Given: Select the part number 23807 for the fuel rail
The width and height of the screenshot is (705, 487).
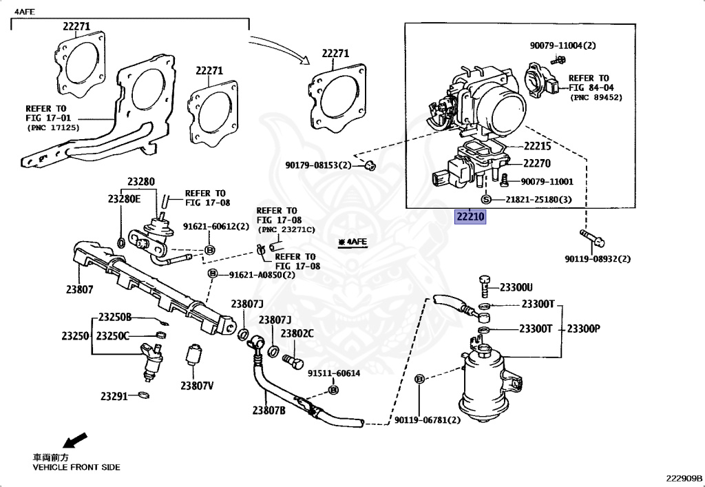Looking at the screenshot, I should (80, 290).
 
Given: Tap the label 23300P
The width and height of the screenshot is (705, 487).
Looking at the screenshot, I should (583, 329).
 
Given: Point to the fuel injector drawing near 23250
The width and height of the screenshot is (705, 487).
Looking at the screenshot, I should (152, 360).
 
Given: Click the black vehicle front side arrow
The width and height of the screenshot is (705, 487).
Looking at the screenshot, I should (74, 439).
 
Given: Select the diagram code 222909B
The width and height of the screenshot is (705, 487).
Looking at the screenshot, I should (684, 478).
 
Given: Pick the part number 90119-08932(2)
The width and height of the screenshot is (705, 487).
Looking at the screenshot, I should (598, 259).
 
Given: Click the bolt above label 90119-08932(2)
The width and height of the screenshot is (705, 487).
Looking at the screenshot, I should (592, 239).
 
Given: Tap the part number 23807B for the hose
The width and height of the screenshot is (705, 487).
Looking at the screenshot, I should (269, 411).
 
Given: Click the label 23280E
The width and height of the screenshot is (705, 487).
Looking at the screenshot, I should (124, 198).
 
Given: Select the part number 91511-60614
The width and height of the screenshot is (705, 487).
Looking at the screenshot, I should (334, 373).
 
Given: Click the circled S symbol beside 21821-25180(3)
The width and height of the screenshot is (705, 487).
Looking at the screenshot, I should (485, 199).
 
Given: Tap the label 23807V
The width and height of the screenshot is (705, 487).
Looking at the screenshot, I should (197, 386).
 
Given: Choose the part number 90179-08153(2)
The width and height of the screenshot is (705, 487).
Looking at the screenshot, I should (318, 165).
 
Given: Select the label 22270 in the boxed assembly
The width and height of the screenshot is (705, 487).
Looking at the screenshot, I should (537, 164).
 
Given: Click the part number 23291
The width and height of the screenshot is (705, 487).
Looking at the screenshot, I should (114, 396).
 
